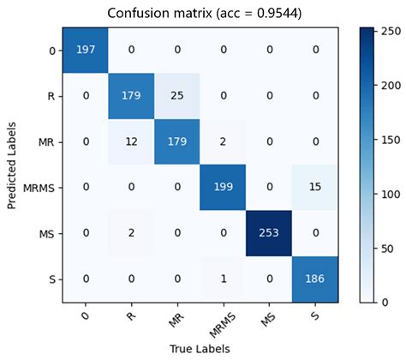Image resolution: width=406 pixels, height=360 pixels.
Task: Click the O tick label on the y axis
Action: point(52,51)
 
